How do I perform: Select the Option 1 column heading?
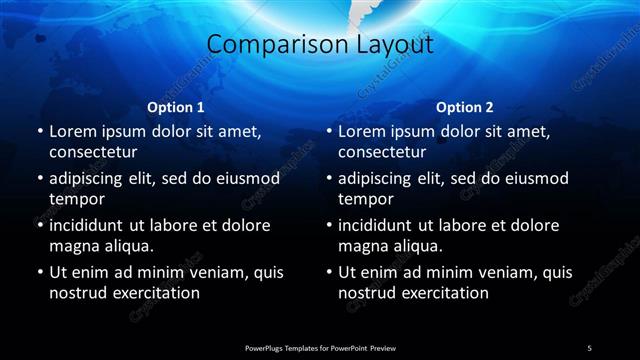[176, 107]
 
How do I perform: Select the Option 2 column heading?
[465, 107]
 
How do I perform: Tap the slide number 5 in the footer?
[589, 347]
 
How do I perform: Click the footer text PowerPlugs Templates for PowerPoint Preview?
[320, 347]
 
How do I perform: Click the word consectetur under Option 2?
[383, 153]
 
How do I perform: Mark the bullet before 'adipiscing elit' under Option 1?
[38, 179]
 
